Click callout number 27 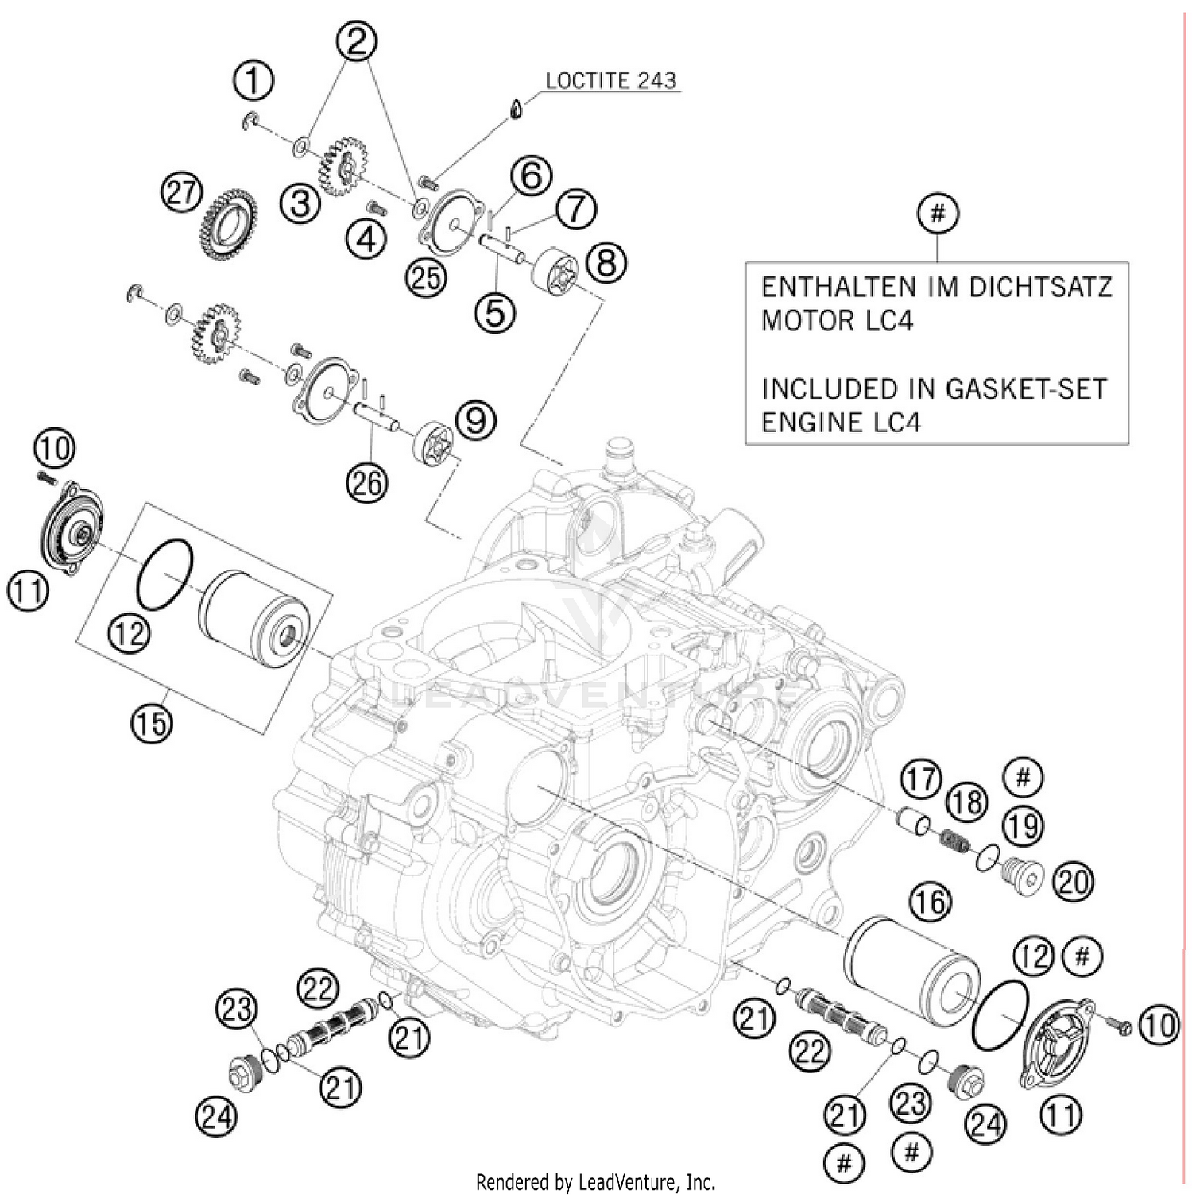tap(181, 193)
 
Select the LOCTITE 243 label tap(610, 80)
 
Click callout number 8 tap(606, 262)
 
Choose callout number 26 tap(367, 481)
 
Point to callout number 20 tap(1073, 882)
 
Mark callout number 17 tap(921, 779)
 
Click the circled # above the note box tap(938, 214)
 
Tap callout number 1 tap(253, 81)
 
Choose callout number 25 tap(426, 277)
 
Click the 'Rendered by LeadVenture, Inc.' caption tap(596, 1181)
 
